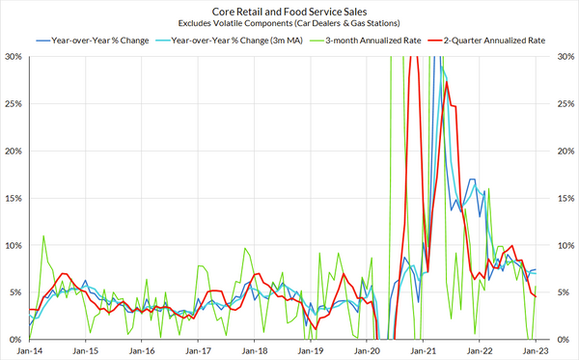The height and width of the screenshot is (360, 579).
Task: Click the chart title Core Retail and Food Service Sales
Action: point(289,10)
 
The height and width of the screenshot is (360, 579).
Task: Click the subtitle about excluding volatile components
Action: point(289,22)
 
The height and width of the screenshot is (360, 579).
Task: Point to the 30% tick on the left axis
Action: point(14,57)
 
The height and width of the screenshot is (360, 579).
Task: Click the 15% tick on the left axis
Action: point(14,199)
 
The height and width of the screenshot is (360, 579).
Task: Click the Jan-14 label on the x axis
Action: point(29,352)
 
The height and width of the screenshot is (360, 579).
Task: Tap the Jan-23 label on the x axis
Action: point(538,352)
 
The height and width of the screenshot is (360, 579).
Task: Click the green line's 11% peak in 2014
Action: point(43,235)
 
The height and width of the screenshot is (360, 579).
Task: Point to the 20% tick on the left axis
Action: point(14,152)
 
